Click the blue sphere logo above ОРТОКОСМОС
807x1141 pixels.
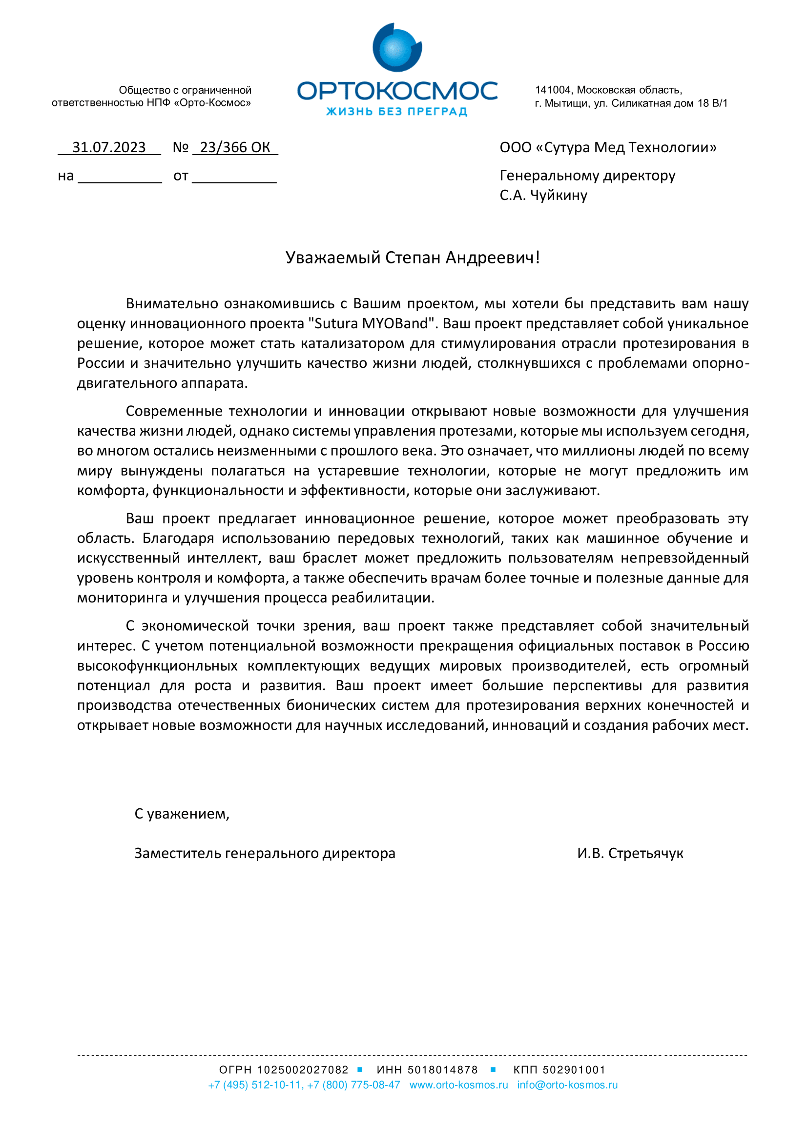(x=397, y=48)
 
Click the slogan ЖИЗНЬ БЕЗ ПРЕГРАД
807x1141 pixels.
(x=396, y=111)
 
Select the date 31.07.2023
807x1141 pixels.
(x=109, y=148)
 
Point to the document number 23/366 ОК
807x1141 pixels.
(x=235, y=148)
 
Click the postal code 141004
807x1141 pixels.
(x=553, y=90)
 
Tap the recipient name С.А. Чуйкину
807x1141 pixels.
(x=543, y=195)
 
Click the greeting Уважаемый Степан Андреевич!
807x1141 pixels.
(x=412, y=258)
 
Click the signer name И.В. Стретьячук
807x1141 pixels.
(x=630, y=853)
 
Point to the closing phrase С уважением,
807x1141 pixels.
(x=182, y=814)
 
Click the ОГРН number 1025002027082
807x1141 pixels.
(x=302, y=1069)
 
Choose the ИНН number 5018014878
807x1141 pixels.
(x=442, y=1069)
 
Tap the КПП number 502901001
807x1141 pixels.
(x=574, y=1069)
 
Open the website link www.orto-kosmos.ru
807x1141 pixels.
(x=458, y=1085)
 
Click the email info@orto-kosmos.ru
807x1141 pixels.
(x=567, y=1085)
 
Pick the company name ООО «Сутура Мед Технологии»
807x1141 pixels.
(x=608, y=148)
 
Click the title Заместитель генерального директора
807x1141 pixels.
(x=265, y=853)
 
